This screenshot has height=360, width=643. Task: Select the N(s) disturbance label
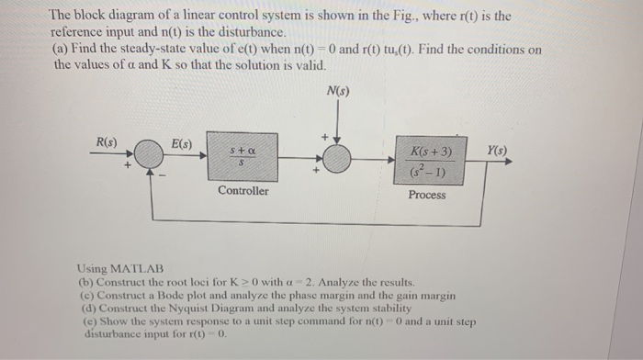[337, 91]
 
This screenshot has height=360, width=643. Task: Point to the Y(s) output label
[496, 150]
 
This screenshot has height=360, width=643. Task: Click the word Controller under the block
[243, 191]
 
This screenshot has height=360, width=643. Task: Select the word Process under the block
[426, 195]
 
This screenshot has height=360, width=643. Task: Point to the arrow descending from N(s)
[337, 120]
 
